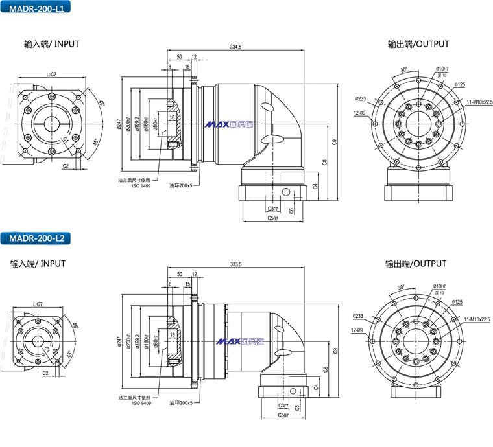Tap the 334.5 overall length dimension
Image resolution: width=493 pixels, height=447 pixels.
click(x=235, y=47)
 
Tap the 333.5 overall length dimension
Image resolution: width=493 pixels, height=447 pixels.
click(x=235, y=264)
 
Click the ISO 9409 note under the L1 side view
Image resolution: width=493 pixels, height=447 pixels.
click(x=141, y=185)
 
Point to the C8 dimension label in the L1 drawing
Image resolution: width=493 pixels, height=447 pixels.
click(x=324, y=163)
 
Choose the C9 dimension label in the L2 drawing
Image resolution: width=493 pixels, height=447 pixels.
click(x=335, y=350)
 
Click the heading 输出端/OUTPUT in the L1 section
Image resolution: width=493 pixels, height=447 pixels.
click(x=418, y=45)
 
